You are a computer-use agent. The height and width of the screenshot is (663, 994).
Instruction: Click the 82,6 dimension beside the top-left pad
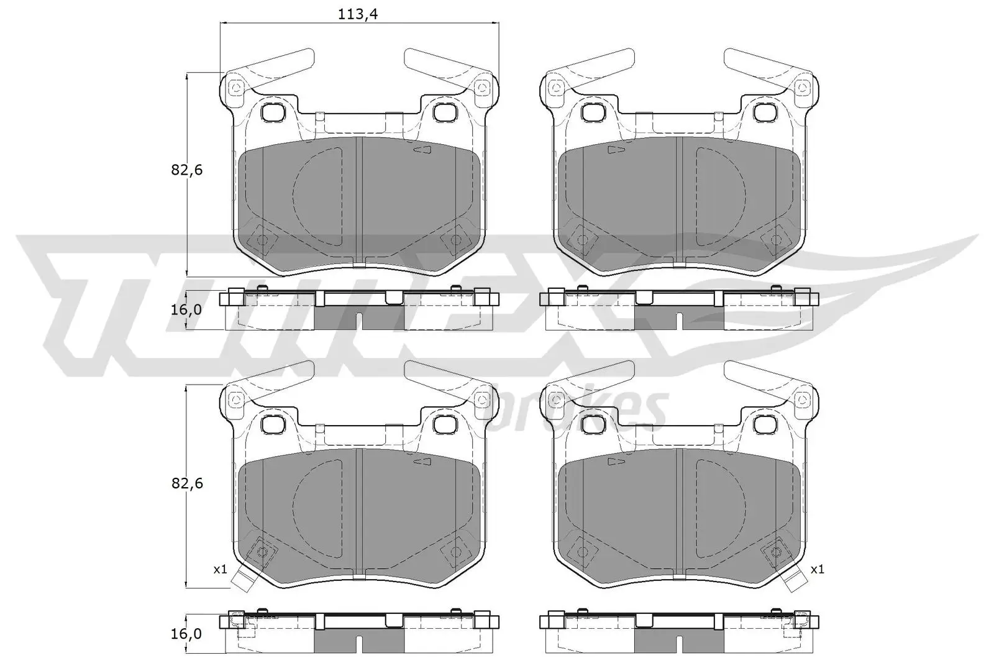point(188,170)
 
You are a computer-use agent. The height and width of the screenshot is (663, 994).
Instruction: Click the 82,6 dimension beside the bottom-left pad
point(188,483)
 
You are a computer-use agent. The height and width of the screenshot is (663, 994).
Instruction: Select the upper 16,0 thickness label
point(186,309)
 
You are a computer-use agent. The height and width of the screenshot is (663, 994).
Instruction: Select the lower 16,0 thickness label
point(186,633)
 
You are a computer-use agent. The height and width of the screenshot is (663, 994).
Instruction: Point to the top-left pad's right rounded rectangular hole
point(444,112)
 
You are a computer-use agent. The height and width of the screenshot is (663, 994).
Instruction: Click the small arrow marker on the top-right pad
point(616,150)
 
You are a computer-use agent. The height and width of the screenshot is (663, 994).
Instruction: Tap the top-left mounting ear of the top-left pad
point(235,88)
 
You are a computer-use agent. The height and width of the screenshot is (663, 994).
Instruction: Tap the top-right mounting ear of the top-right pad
point(803,88)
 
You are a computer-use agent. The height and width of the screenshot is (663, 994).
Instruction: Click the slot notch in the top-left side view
point(360,321)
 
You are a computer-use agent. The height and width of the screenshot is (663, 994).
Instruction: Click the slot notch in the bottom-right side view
point(680,645)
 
